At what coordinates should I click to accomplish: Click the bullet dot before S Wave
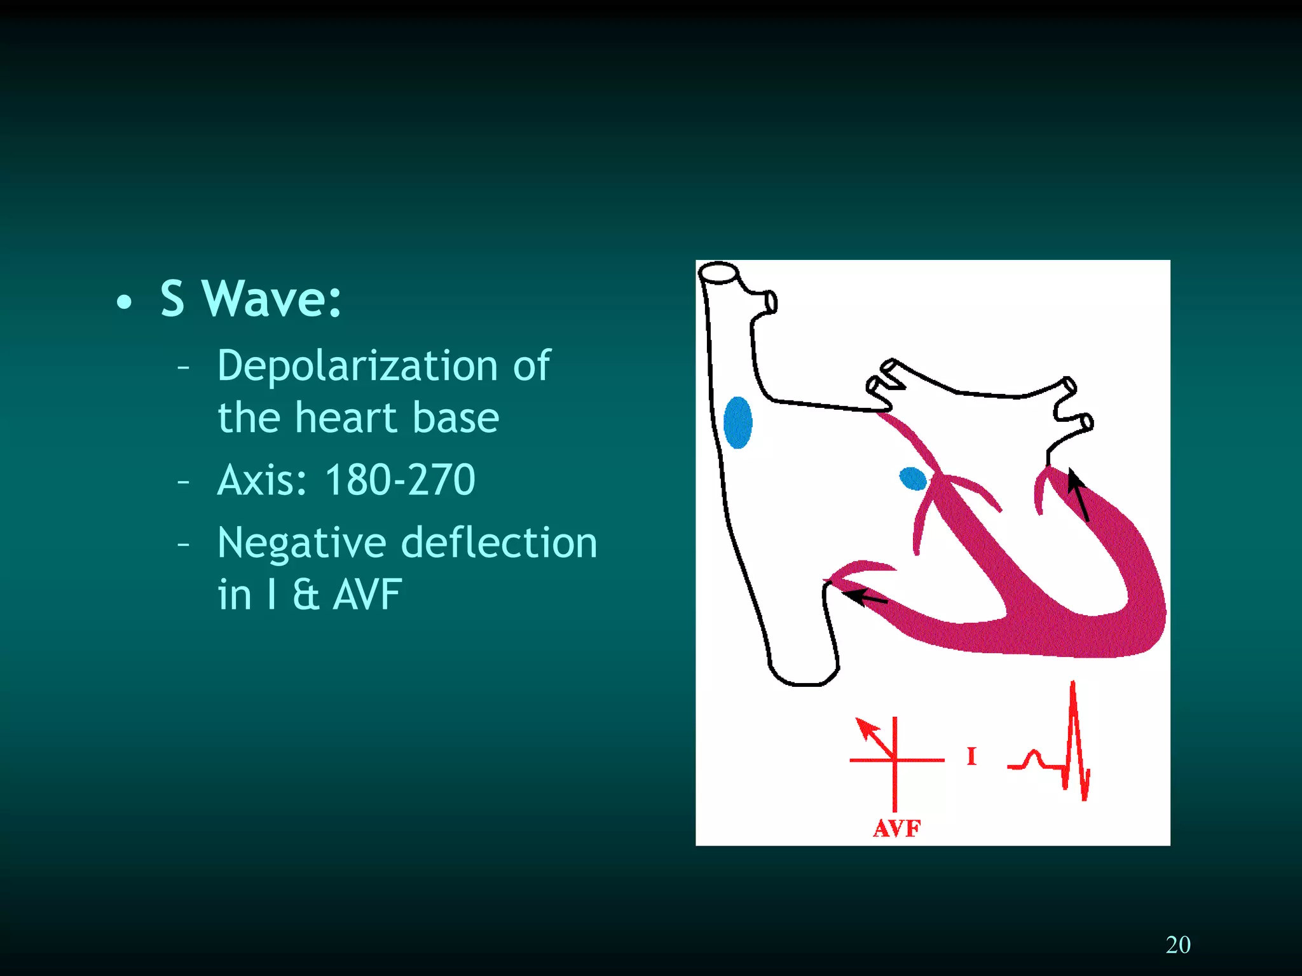click(x=125, y=302)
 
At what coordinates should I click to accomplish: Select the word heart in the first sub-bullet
click(x=346, y=417)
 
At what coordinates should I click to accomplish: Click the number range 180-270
click(x=400, y=480)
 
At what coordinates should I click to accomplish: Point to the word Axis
click(x=261, y=480)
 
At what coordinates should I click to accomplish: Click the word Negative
click(x=301, y=543)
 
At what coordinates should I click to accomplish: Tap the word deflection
click(x=500, y=543)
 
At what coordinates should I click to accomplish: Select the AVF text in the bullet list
click(x=367, y=595)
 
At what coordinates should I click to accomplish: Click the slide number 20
click(x=1178, y=945)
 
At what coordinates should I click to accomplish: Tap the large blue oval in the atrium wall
click(x=737, y=423)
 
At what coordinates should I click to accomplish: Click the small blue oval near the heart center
click(x=913, y=478)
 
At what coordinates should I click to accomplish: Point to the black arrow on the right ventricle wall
click(x=1078, y=494)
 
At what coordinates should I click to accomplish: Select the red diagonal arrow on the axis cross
click(x=874, y=737)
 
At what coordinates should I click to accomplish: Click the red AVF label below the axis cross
click(x=896, y=829)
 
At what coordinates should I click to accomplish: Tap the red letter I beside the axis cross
click(x=971, y=756)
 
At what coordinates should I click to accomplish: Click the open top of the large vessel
click(x=718, y=273)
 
